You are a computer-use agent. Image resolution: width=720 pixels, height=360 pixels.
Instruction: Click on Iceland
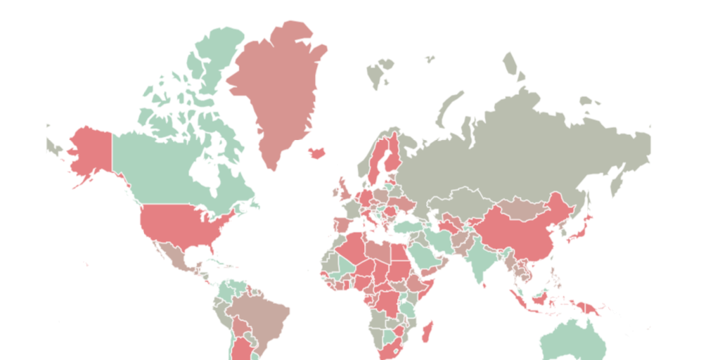click(x=316, y=152)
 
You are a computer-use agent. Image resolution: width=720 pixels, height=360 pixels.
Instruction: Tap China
click(x=520, y=229)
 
